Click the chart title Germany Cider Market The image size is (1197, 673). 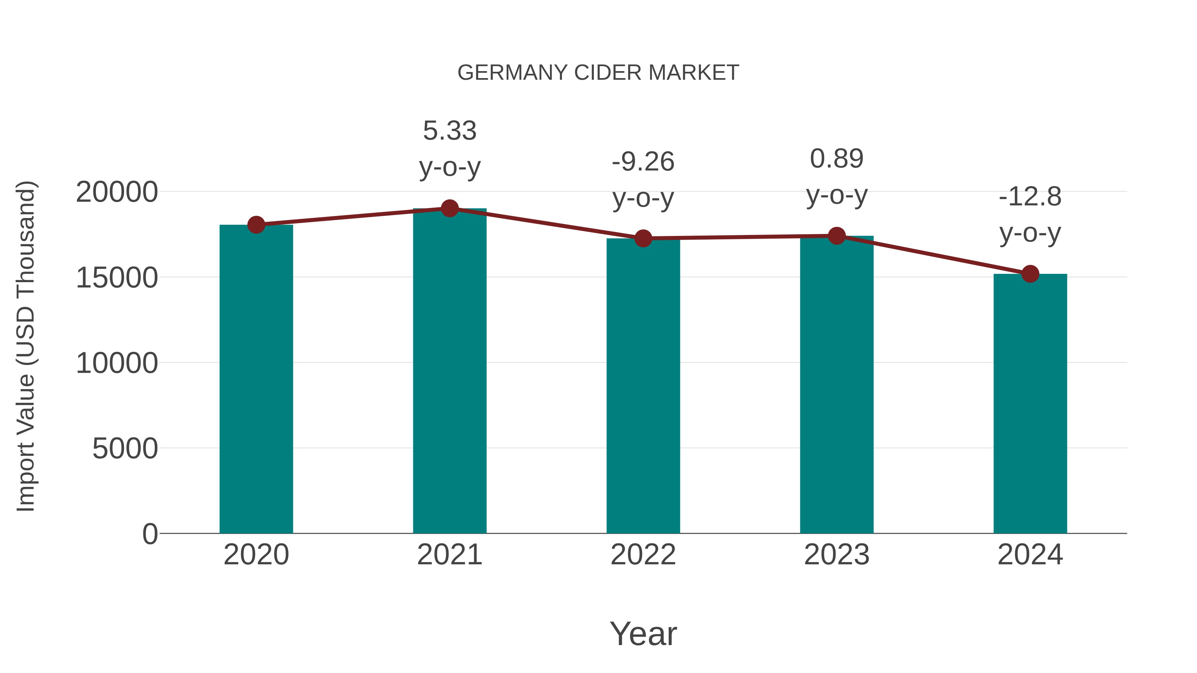point(598,73)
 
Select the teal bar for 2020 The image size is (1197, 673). point(256,379)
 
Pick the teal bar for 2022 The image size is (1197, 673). point(643,386)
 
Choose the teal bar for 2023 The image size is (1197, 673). point(837,384)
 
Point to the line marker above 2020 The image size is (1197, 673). point(256,225)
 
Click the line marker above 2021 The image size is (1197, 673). point(449,208)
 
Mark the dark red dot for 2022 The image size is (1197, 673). point(643,239)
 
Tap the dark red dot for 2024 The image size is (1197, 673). point(1030,274)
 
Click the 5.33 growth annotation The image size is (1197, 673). point(449,131)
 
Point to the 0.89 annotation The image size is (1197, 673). point(837,159)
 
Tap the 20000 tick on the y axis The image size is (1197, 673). point(117,192)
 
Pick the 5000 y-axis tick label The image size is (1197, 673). point(125,449)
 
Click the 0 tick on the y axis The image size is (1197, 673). point(150,534)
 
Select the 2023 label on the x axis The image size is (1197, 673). point(837,555)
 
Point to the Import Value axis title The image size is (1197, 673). point(26,346)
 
